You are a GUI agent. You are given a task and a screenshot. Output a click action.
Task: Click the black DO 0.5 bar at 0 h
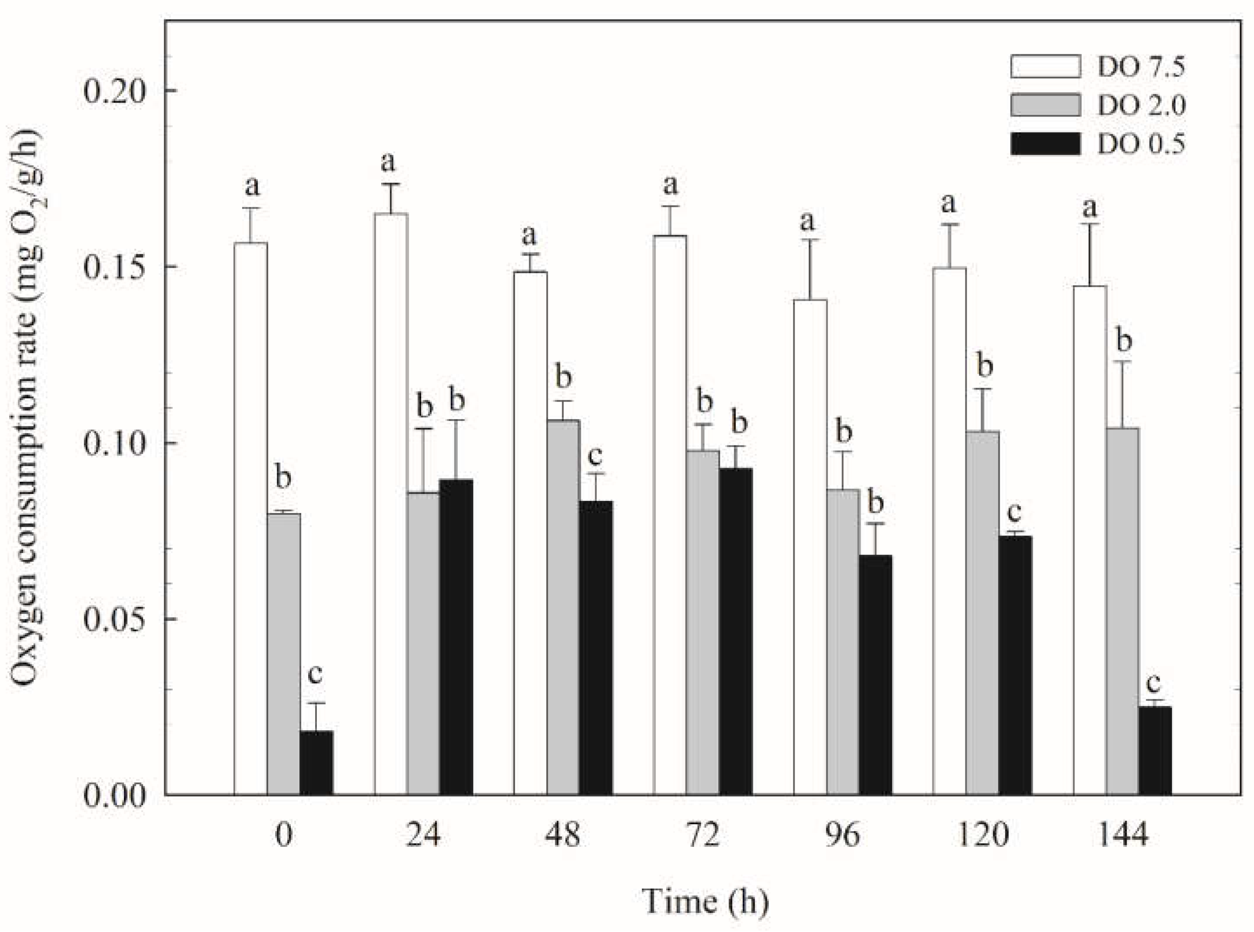[316, 763]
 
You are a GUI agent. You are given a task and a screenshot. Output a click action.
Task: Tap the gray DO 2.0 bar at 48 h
[563, 607]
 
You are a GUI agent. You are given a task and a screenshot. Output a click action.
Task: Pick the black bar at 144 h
[1155, 750]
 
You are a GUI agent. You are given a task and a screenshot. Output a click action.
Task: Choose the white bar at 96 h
[810, 547]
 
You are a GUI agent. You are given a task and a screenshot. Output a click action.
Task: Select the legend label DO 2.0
[1141, 106]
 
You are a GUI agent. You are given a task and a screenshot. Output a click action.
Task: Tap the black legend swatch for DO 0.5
[1045, 143]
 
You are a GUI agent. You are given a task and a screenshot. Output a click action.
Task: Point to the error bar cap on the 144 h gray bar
[1123, 361]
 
